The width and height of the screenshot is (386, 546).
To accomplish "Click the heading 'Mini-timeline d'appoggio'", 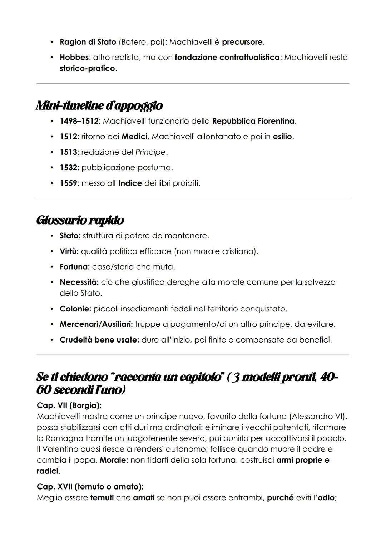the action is tap(99, 105).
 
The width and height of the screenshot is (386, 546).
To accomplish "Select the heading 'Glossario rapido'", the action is tap(80, 220).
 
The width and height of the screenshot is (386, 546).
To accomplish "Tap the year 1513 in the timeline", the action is tap(68, 152).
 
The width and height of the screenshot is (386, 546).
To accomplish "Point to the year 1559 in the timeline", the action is tap(68, 183).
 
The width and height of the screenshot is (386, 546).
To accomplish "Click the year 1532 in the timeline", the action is tap(68, 167).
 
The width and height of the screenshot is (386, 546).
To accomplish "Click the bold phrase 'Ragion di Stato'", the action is tap(88, 42).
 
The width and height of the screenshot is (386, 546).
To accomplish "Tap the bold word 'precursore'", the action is tap(242, 42).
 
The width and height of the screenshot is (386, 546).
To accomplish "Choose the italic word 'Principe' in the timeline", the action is tap(150, 152).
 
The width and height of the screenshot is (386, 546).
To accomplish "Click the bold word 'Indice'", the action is tap(130, 183).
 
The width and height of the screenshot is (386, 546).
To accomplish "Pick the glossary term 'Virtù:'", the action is tap(69, 251).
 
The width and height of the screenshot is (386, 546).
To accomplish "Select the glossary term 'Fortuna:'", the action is tap(75, 267).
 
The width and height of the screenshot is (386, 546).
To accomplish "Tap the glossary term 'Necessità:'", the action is tap(79, 282).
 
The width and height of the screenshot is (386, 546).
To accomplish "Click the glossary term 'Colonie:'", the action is tap(75, 309).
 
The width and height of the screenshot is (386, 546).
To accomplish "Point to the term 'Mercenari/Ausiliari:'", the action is tap(96, 324).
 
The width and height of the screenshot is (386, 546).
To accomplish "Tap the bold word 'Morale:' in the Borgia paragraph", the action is tap(114, 460).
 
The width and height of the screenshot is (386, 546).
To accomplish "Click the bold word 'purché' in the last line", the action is tap(280, 497).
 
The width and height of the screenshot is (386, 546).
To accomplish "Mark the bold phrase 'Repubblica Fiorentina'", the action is tap(253, 121).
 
